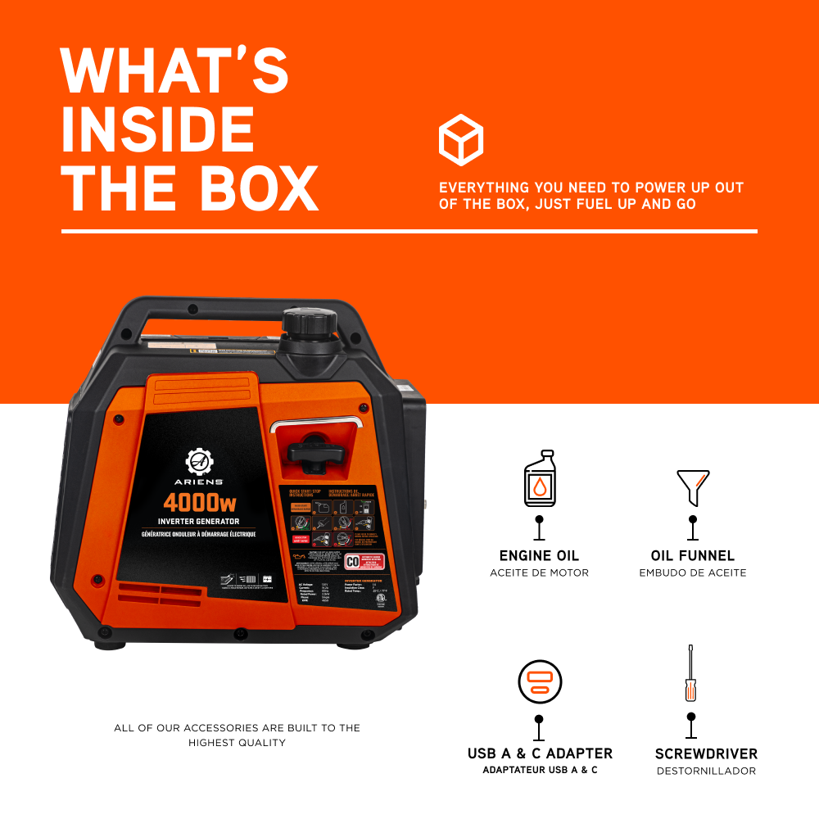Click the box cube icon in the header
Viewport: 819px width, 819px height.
(461, 140)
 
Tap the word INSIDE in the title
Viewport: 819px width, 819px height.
(157, 129)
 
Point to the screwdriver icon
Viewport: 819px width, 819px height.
(690, 674)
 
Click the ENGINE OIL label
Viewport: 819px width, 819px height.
(539, 556)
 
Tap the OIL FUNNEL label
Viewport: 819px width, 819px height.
(693, 556)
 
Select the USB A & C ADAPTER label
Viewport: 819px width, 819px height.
(540, 753)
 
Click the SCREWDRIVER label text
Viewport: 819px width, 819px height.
(706, 753)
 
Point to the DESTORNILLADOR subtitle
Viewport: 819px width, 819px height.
(706, 771)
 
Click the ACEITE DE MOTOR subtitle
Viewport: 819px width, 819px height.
(539, 572)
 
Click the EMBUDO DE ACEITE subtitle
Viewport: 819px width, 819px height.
(693, 572)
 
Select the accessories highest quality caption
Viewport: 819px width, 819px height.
(237, 735)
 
